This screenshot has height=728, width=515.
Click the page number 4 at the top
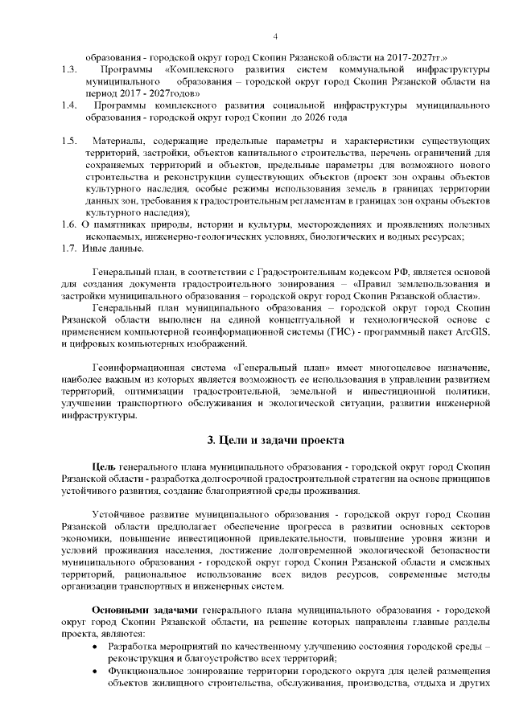pyautogui.click(x=275, y=37)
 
